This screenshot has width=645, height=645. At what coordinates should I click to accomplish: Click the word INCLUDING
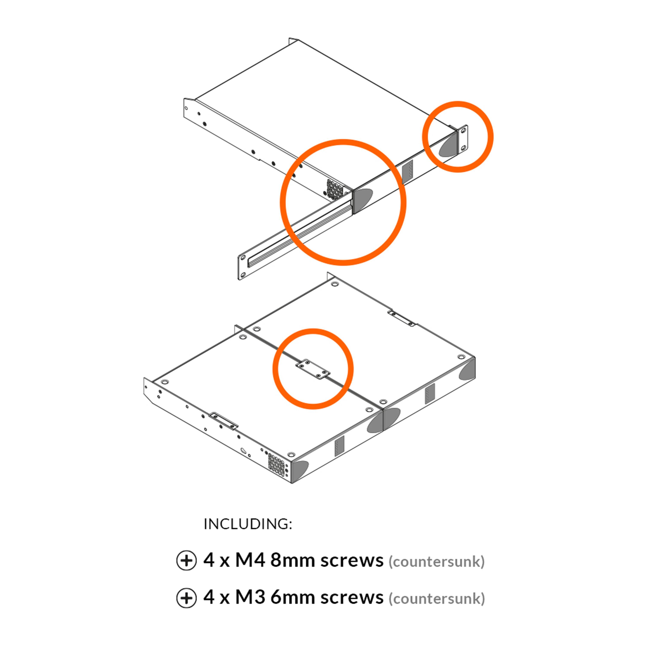[248, 524]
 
